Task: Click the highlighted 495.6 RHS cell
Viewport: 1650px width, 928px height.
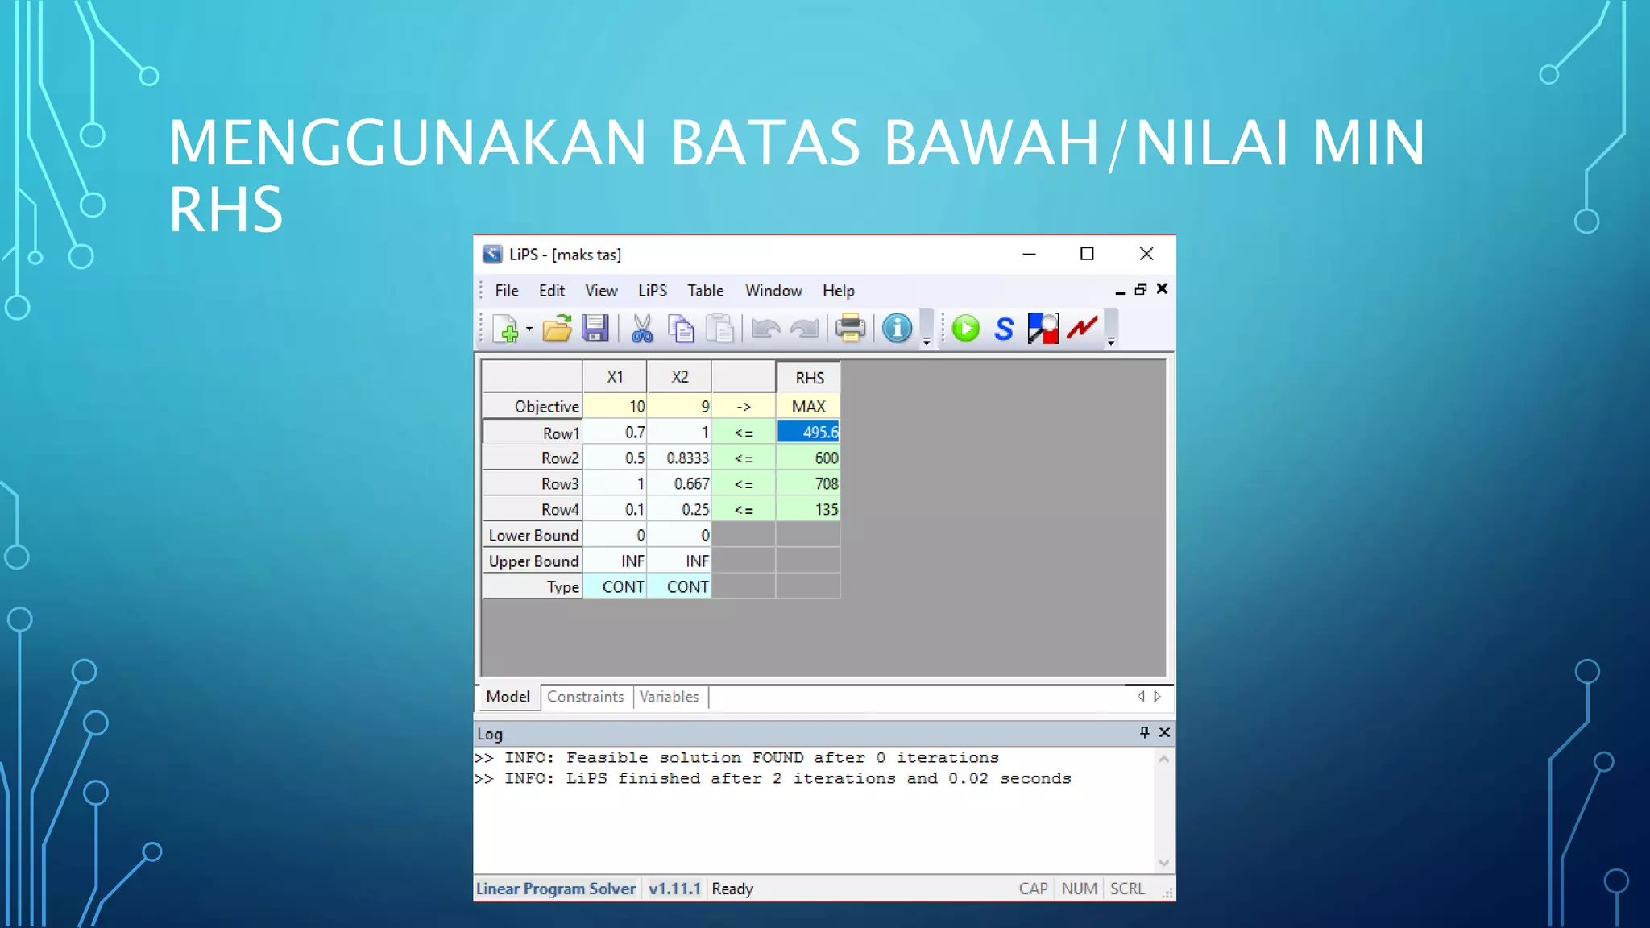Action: click(x=808, y=433)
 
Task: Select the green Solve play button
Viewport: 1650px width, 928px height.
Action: click(x=965, y=329)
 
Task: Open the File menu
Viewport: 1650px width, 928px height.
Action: click(x=506, y=291)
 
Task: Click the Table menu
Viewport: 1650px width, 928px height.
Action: click(x=705, y=291)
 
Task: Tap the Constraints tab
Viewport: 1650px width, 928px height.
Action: click(x=585, y=697)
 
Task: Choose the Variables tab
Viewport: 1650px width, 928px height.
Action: click(x=669, y=697)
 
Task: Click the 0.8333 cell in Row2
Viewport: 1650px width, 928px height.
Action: click(x=679, y=458)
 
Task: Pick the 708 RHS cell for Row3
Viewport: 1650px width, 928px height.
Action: click(x=808, y=484)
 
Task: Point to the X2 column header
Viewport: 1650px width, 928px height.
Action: click(x=679, y=377)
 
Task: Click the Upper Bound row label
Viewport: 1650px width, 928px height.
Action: click(x=533, y=561)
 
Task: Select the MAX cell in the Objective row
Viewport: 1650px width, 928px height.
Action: click(x=808, y=407)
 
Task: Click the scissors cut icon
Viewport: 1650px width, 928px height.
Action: click(x=641, y=329)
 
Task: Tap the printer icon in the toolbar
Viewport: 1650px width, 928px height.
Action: click(x=849, y=329)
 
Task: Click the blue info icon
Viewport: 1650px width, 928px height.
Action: click(x=897, y=329)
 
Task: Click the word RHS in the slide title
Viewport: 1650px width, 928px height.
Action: click(x=226, y=209)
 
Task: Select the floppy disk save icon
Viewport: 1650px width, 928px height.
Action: click(x=595, y=329)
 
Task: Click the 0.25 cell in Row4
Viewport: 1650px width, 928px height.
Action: click(x=679, y=510)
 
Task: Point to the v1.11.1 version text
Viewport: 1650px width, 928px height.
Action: click(x=674, y=889)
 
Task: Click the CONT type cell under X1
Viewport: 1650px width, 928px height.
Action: click(x=615, y=587)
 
